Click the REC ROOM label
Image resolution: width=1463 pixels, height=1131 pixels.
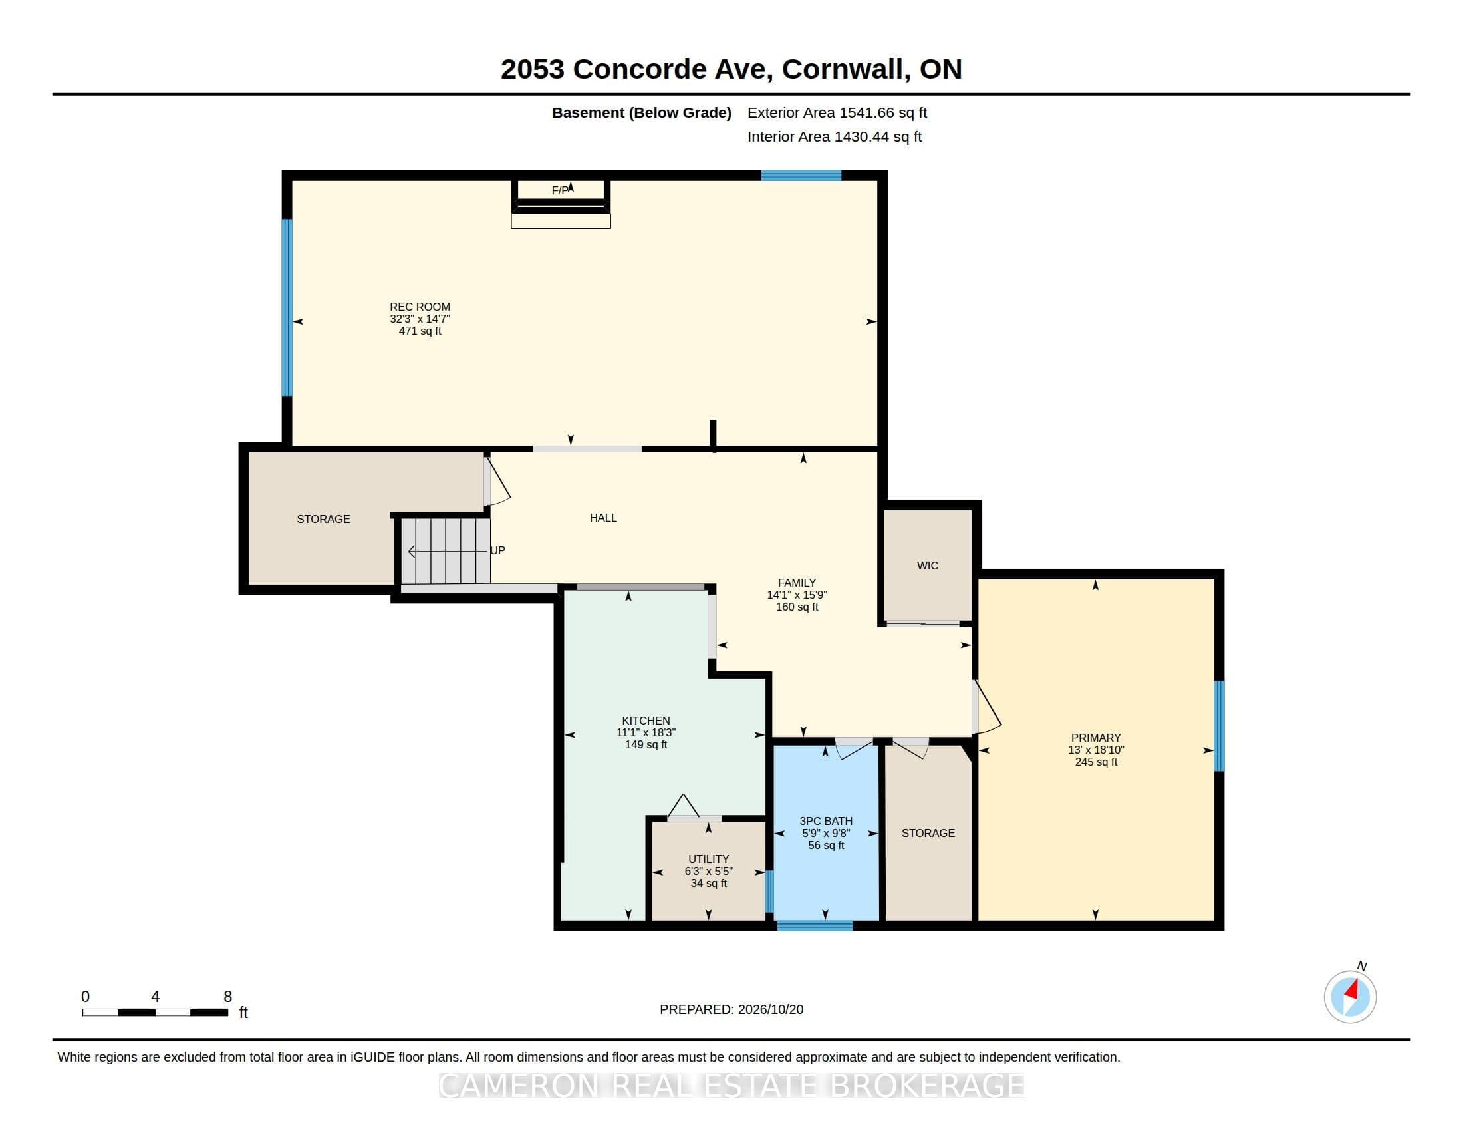click(420, 307)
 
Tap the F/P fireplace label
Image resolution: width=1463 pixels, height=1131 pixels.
click(560, 191)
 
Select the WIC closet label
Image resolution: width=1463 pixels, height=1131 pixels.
click(927, 565)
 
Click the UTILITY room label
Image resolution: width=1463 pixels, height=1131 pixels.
click(708, 859)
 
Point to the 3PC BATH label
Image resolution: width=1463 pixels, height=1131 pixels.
click(826, 821)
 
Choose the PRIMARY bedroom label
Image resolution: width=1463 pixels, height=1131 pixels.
click(1096, 738)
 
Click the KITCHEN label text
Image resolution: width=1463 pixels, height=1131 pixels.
click(646, 721)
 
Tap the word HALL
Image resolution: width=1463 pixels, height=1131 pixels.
click(603, 518)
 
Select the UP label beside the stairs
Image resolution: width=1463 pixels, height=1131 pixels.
click(497, 550)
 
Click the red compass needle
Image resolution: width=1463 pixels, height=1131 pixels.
click(1351, 991)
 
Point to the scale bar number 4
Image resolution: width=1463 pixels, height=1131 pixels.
click(156, 997)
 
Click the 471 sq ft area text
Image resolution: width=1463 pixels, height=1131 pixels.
click(420, 331)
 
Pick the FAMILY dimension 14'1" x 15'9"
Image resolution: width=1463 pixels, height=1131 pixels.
click(797, 595)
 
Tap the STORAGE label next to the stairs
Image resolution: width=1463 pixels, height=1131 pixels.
click(324, 520)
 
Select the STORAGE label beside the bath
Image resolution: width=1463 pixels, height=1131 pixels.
click(928, 833)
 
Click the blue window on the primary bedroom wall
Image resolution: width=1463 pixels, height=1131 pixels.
click(1219, 726)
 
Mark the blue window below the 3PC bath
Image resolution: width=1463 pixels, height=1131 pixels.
click(815, 926)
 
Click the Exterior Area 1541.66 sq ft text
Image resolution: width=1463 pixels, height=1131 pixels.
click(837, 113)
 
